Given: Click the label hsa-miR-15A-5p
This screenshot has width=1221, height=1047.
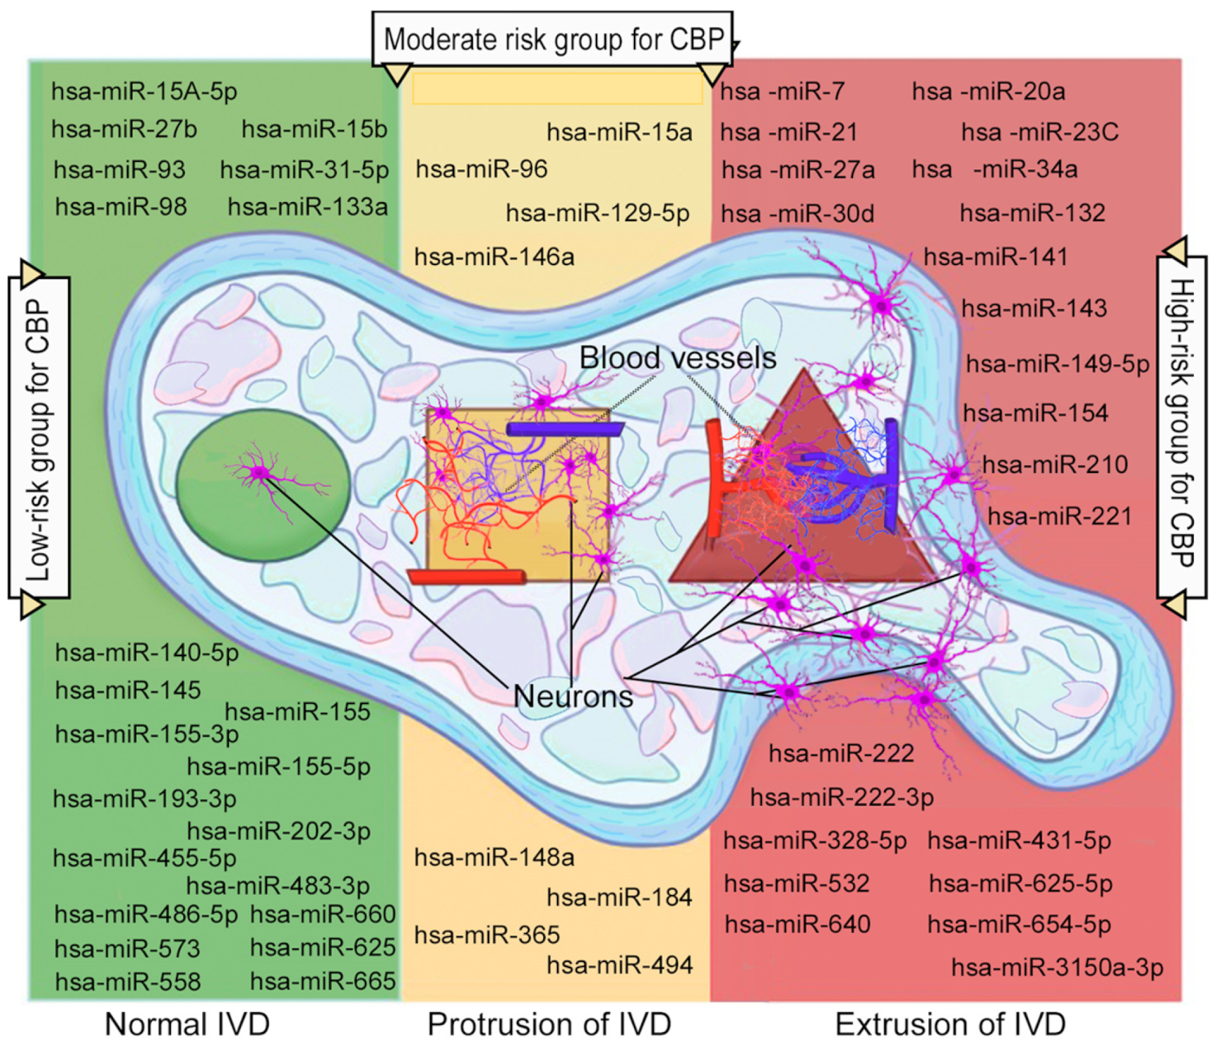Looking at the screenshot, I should [x=144, y=91].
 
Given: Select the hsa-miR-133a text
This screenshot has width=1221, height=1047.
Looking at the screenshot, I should [x=307, y=206].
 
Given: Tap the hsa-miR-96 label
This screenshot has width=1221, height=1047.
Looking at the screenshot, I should [x=481, y=169].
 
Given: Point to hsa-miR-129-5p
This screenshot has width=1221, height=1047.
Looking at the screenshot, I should [x=597, y=214].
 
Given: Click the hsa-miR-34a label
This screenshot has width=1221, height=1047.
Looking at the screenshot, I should [x=994, y=169].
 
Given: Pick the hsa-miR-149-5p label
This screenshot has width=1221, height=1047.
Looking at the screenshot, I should [x=1057, y=363].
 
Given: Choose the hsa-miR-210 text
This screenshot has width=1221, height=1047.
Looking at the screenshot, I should [x=1054, y=465].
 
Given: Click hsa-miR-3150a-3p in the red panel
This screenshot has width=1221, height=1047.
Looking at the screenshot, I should [x=1057, y=967].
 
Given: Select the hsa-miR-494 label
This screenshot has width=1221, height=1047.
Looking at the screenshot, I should [x=619, y=964].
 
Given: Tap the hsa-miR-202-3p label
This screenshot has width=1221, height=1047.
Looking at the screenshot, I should [x=278, y=831].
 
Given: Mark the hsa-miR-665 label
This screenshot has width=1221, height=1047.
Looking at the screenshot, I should [x=323, y=981].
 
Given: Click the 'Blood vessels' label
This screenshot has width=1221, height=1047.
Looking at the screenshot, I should [x=677, y=357].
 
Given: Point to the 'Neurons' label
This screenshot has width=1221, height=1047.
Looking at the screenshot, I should [x=573, y=696].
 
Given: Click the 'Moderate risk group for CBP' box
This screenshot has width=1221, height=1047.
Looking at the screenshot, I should [x=552, y=39].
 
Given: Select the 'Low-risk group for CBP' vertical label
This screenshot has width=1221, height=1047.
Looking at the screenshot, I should [x=39, y=438].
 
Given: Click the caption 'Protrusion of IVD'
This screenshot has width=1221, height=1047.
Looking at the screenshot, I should [x=549, y=1024].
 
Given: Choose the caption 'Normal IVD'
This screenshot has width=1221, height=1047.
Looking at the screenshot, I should [x=187, y=1024].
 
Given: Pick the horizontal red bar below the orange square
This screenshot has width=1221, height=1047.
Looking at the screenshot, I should [x=466, y=576].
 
